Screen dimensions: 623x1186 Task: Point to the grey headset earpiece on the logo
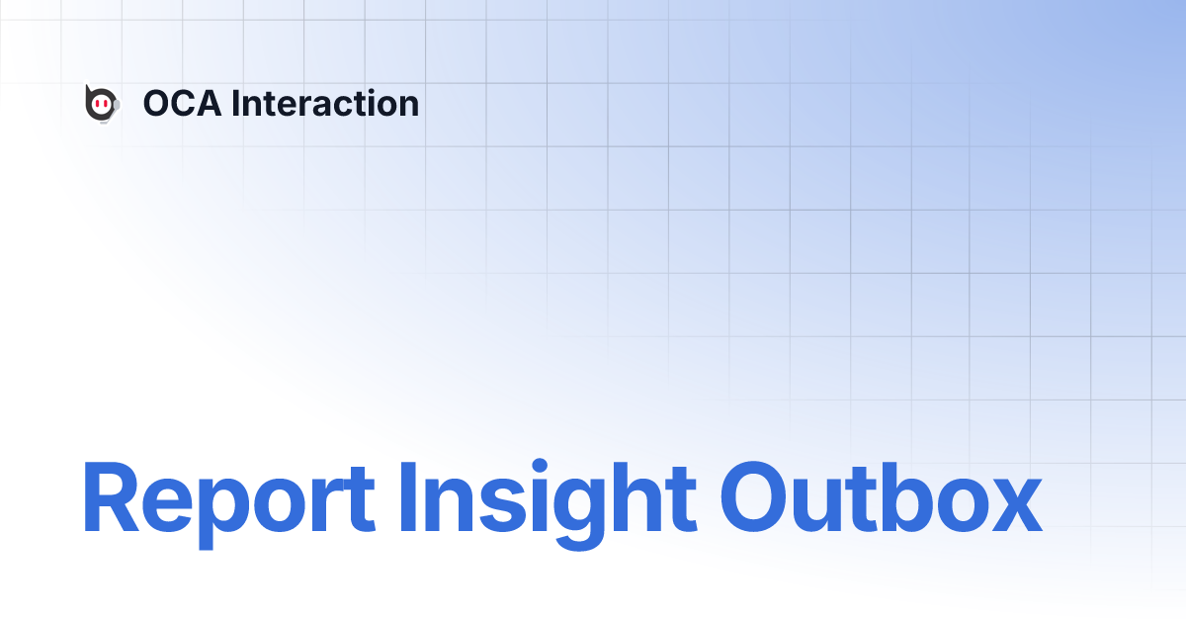click(x=117, y=103)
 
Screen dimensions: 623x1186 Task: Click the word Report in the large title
click(x=228, y=497)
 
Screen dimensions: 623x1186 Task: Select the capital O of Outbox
click(x=758, y=497)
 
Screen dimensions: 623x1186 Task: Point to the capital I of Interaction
click(x=235, y=104)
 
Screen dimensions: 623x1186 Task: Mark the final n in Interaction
click(x=408, y=107)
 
